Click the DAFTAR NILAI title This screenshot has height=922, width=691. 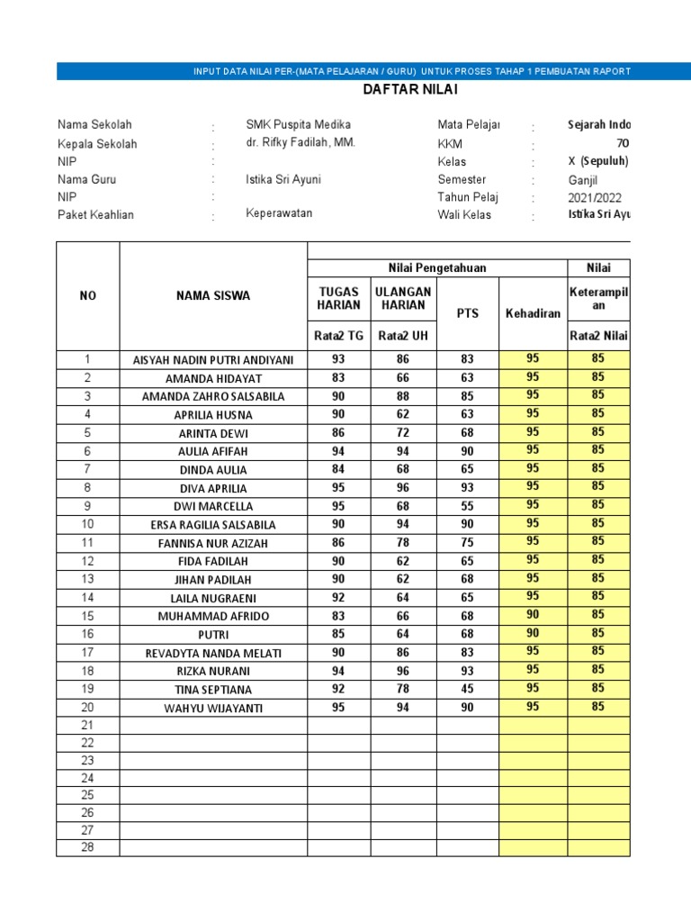pyautogui.click(x=403, y=90)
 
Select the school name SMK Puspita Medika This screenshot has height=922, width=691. pyautogui.click(x=298, y=124)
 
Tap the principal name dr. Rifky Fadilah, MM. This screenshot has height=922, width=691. pyautogui.click(x=301, y=143)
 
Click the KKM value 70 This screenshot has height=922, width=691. pyautogui.click(x=623, y=143)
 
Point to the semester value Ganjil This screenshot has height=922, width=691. pyautogui.click(x=582, y=180)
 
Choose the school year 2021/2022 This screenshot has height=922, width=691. pyautogui.click(x=594, y=198)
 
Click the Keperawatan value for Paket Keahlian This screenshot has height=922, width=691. pyautogui.click(x=279, y=213)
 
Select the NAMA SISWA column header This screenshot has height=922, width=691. pyautogui.click(x=213, y=296)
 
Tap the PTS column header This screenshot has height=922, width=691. pyautogui.click(x=467, y=313)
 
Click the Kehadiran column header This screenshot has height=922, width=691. pyautogui.click(x=533, y=313)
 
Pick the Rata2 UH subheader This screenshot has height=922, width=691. pyautogui.click(x=402, y=336)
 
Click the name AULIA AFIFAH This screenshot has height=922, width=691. pyautogui.click(x=213, y=451)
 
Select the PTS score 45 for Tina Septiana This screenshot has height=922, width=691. pyautogui.click(x=467, y=689)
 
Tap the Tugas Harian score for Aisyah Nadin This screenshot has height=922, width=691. pyautogui.click(x=338, y=359)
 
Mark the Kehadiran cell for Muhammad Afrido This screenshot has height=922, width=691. pyautogui.click(x=533, y=615)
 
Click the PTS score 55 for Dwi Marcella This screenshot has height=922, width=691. pyautogui.click(x=467, y=506)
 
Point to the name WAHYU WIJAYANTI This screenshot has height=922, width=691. pyautogui.click(x=213, y=708)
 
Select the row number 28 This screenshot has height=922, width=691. pyautogui.click(x=87, y=847)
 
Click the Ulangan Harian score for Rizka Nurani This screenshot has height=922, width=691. pyautogui.click(x=402, y=671)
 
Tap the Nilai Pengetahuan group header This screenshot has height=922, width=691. pyautogui.click(x=436, y=267)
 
